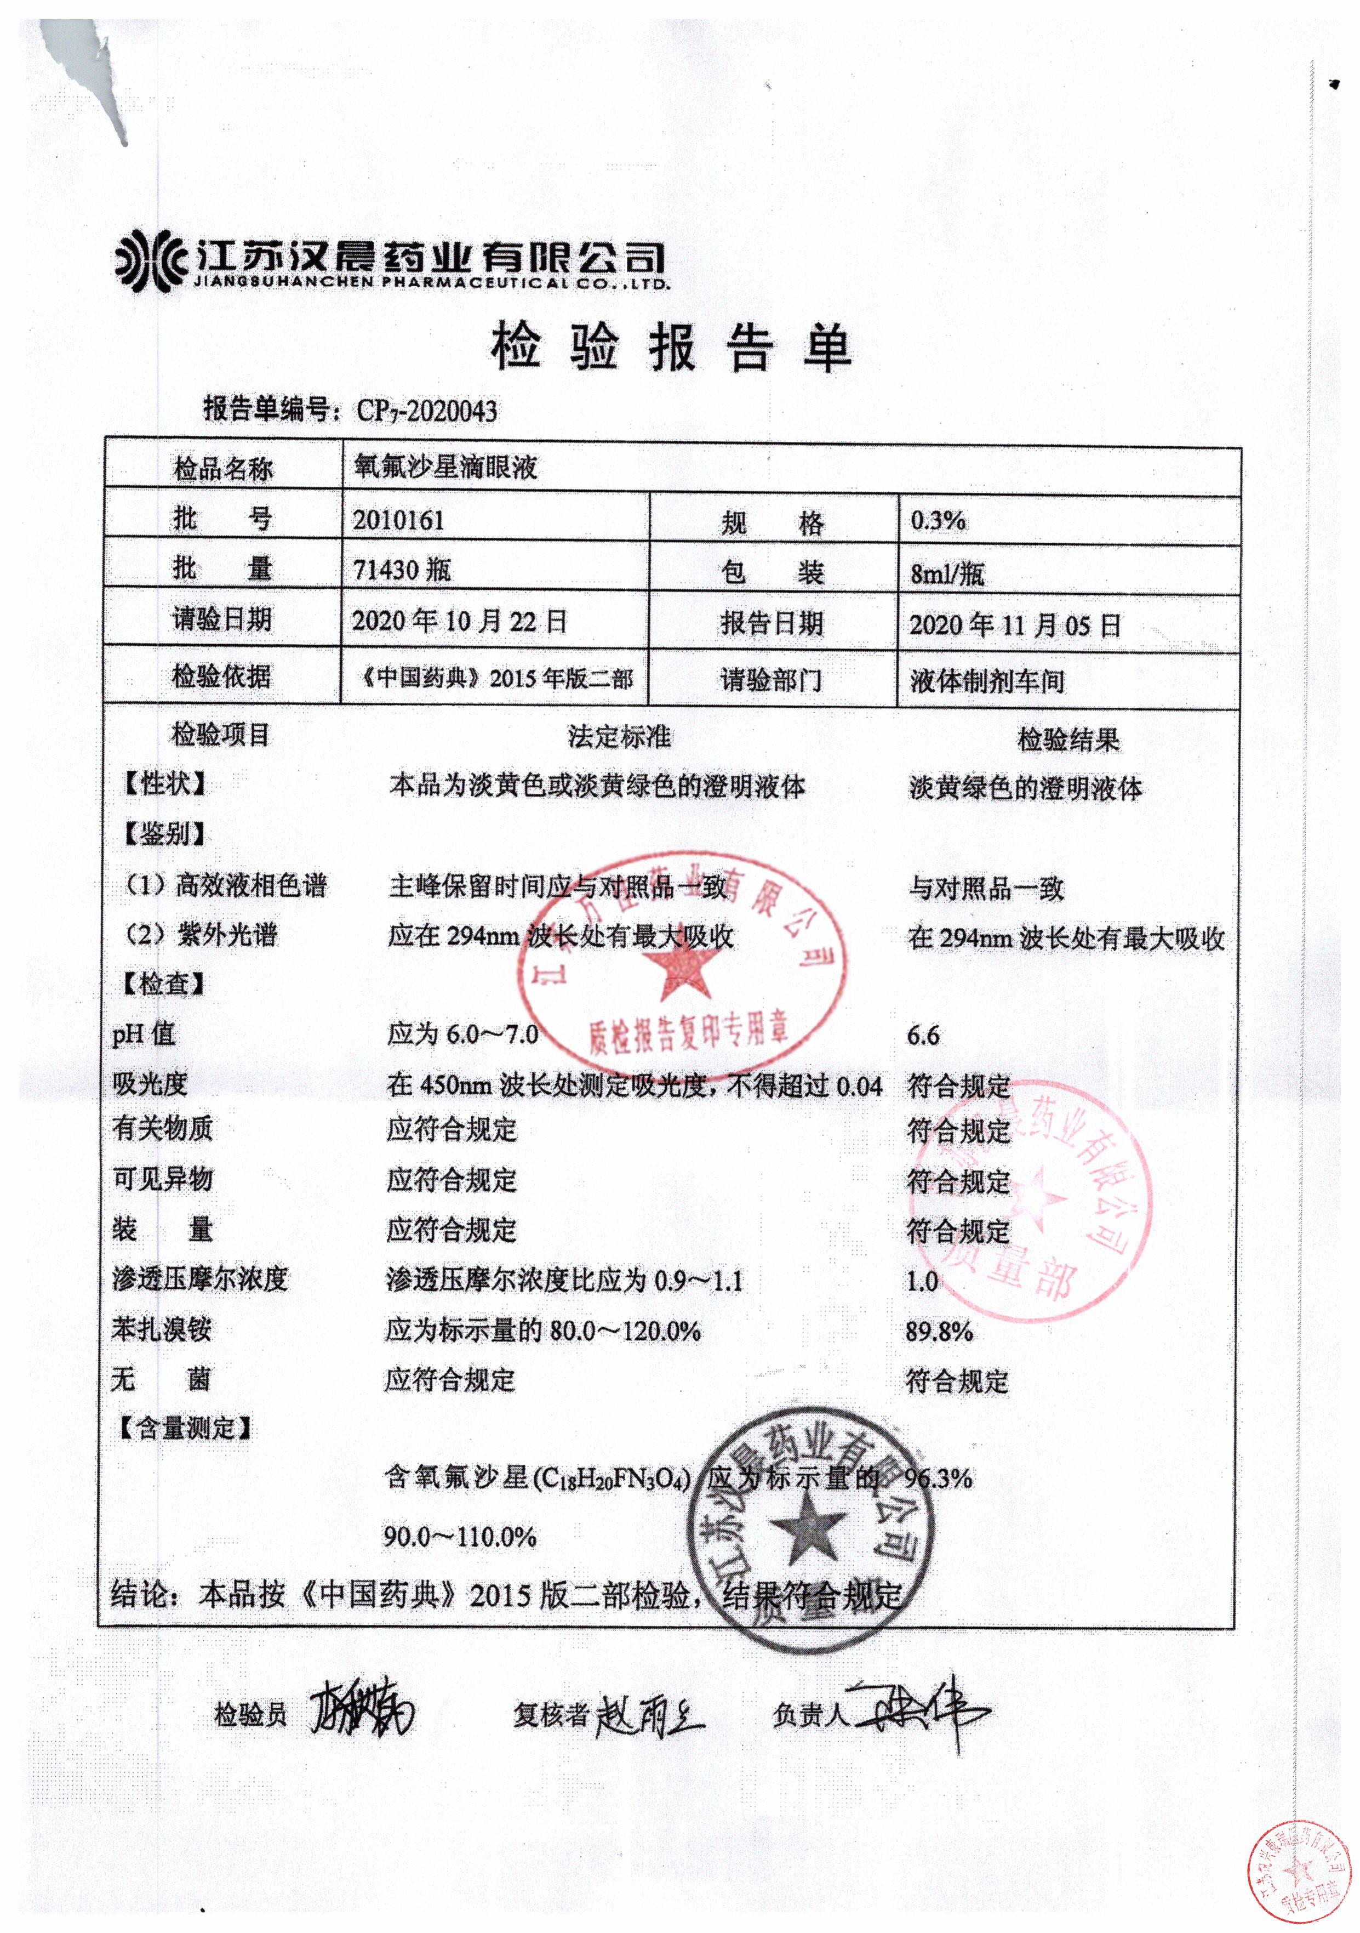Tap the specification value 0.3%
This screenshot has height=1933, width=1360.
pyautogui.click(x=938, y=520)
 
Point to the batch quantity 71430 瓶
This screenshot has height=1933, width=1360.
pyautogui.click(x=402, y=570)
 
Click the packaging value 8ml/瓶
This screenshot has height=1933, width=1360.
pyautogui.click(x=947, y=573)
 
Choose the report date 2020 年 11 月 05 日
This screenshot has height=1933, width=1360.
pyautogui.click(x=1015, y=625)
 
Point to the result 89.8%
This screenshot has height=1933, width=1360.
pyautogui.click(x=939, y=1331)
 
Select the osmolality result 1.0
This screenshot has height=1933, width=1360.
pyautogui.click(x=922, y=1281)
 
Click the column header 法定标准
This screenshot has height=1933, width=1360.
pyautogui.click(x=619, y=737)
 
